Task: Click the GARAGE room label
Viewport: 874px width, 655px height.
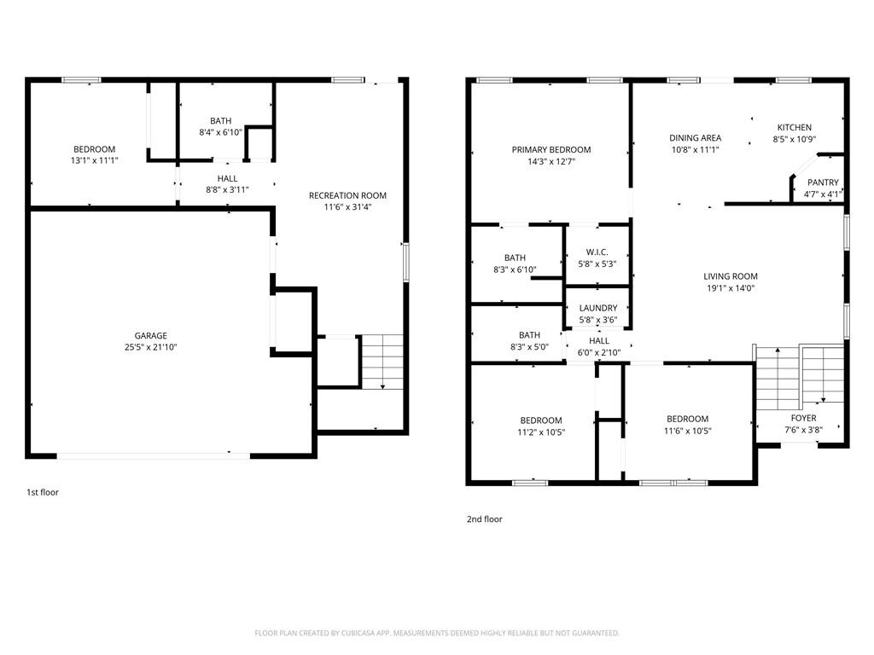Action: [150, 335]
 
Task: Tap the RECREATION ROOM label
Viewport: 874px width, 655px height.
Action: [347, 195]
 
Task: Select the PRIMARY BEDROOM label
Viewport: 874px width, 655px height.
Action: [551, 150]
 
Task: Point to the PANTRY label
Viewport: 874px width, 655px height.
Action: [823, 183]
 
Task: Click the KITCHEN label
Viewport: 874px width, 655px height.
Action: [795, 128]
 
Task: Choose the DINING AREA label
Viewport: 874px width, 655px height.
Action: [695, 137]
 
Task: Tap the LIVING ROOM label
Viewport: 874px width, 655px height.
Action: [731, 276]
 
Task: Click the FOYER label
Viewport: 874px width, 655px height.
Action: [803, 418]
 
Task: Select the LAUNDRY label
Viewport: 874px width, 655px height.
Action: [598, 308]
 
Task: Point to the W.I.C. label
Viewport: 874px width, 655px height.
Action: [597, 252]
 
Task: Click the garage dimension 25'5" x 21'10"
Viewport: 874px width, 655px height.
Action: [150, 347]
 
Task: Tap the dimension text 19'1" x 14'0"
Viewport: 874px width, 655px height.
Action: [731, 288]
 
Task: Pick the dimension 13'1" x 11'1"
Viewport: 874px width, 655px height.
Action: [94, 160]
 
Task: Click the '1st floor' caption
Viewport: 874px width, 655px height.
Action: [43, 492]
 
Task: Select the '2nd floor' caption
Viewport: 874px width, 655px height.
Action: [485, 519]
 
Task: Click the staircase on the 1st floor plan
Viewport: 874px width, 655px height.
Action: [382, 362]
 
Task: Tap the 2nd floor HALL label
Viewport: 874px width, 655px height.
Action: [598, 341]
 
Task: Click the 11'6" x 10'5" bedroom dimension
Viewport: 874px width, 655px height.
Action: [687, 431]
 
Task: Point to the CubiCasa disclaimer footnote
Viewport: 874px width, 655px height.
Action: [436, 634]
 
